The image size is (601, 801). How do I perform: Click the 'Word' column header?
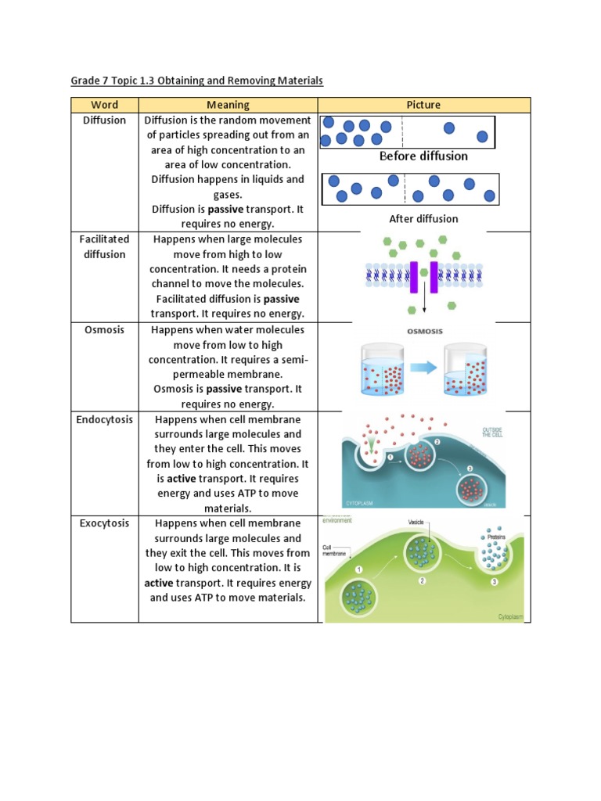104,105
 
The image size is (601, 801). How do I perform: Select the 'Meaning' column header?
228,105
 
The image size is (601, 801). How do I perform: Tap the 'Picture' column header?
423,105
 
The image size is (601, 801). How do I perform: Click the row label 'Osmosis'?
104,330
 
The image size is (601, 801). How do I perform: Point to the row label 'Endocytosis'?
104,420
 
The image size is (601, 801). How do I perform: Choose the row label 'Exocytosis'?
104,523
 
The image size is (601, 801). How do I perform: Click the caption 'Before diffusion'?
423,156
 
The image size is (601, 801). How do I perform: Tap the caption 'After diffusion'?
423,219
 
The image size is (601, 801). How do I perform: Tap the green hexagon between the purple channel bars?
423,273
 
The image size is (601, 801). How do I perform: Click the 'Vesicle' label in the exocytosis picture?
416,523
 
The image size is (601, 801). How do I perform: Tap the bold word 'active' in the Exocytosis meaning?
159,584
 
